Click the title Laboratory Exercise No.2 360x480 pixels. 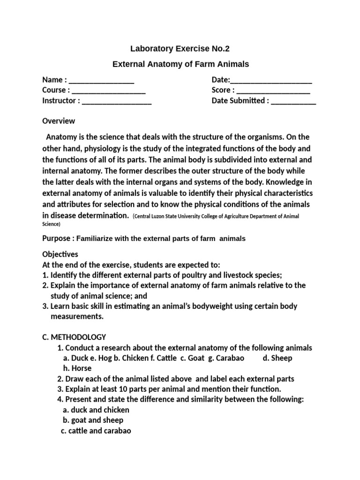click(180, 48)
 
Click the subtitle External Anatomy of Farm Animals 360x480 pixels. click(180, 64)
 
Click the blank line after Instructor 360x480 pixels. click(117, 100)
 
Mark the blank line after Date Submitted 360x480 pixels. click(293, 100)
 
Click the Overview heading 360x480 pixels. click(59, 121)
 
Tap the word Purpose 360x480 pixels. click(56, 238)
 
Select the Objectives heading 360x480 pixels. click(60, 254)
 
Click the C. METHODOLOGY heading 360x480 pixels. click(74, 337)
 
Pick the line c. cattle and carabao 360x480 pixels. click(96, 430)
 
